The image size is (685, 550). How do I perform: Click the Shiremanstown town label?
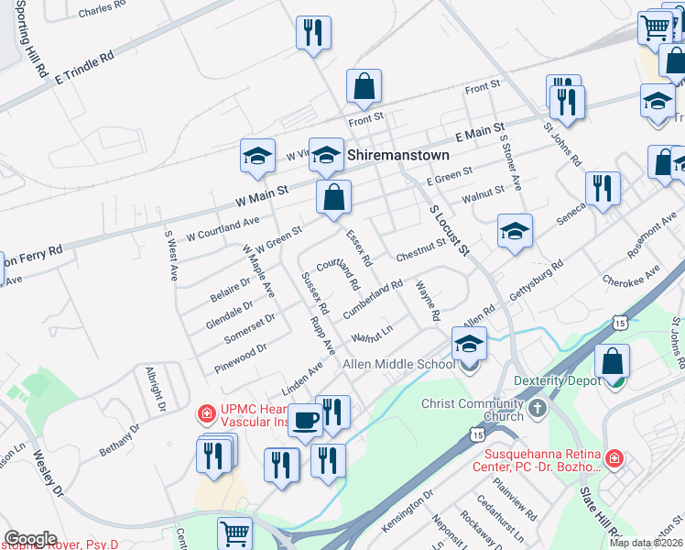click(x=397, y=156)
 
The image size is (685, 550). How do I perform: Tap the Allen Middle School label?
click(x=398, y=364)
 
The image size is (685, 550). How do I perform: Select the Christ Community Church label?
click(x=471, y=410)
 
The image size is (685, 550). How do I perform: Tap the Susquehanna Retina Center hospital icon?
click(x=614, y=456)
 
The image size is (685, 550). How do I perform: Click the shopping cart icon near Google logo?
click(x=235, y=533)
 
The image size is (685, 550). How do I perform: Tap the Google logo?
click(x=30, y=539)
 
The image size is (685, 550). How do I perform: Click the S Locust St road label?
click(x=449, y=229)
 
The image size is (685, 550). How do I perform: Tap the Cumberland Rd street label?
click(x=373, y=300)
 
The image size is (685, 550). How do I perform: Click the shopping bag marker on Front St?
click(x=364, y=87)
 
